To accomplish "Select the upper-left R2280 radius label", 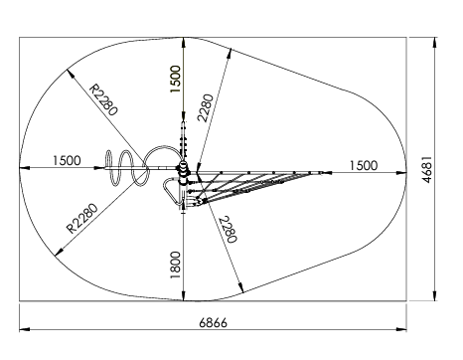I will [x=101, y=100].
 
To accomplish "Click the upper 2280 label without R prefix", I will [x=205, y=108].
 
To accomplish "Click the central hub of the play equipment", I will [x=183, y=171].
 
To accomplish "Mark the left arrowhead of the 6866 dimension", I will [x=24, y=326].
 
